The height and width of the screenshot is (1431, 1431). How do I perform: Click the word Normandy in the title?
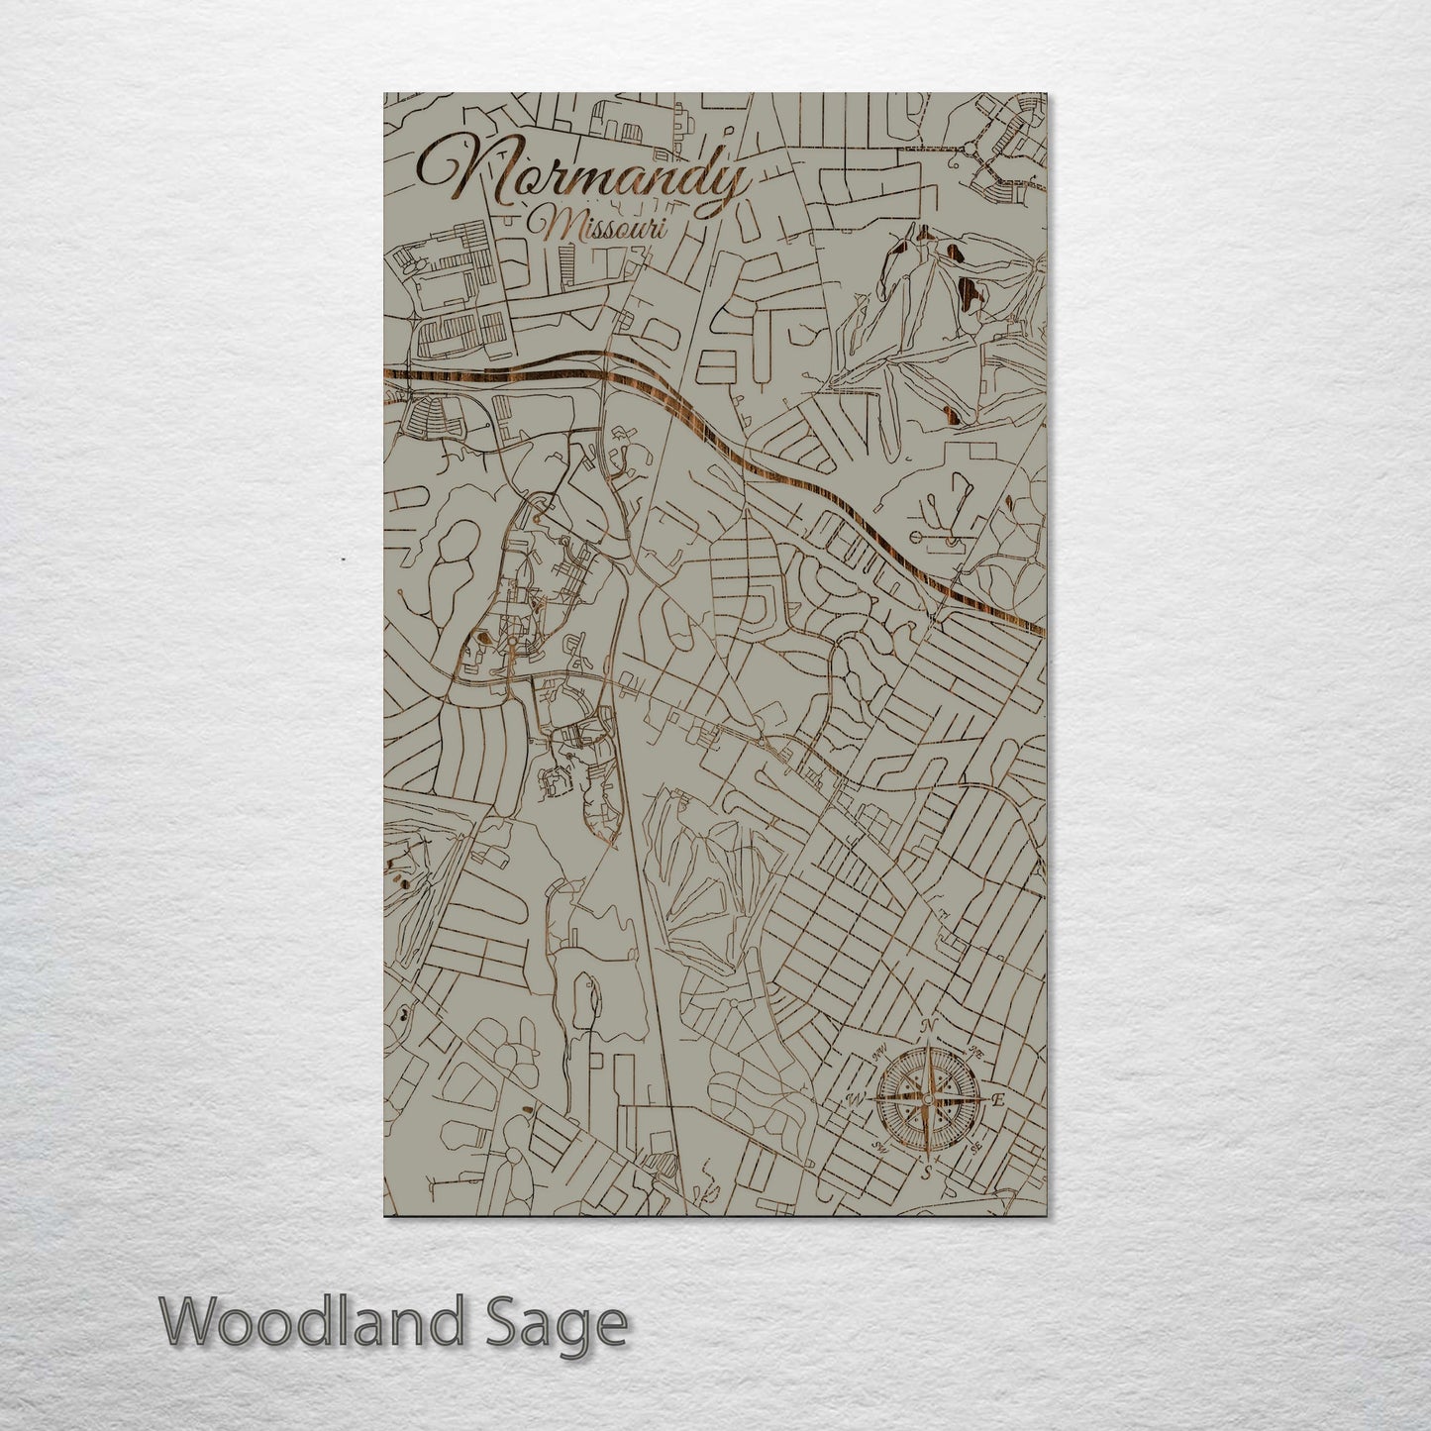pyautogui.click(x=584, y=179)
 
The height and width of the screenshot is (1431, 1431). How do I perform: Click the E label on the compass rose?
pyautogui.click(x=998, y=1099)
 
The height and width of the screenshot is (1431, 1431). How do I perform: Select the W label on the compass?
pyautogui.click(x=856, y=1099)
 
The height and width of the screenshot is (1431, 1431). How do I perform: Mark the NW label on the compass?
pyautogui.click(x=880, y=1054)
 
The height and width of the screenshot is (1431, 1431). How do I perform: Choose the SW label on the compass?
pyautogui.click(x=879, y=1148)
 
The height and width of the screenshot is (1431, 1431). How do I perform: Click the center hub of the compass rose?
pyautogui.click(x=927, y=1099)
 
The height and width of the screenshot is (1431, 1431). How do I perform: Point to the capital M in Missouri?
pyautogui.click(x=545, y=226)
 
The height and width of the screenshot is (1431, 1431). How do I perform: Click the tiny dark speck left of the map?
pyautogui.click(x=343, y=560)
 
